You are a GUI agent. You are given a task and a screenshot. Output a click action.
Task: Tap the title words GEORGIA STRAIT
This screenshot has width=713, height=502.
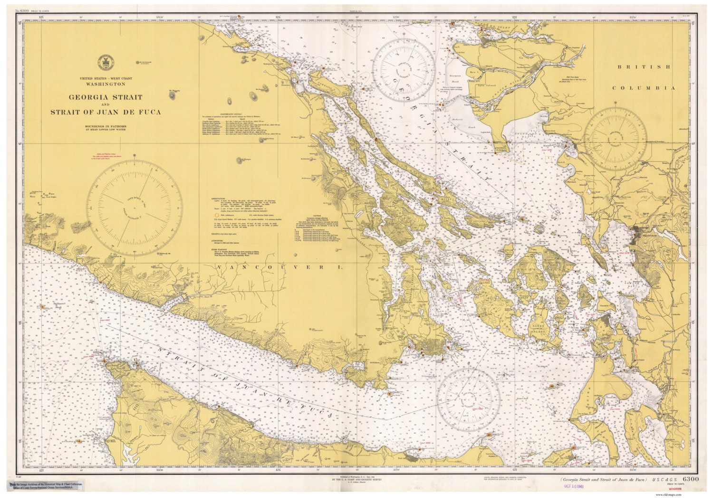(x=106, y=97)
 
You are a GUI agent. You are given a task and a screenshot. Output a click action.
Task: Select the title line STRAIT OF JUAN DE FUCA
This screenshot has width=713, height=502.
(x=106, y=112)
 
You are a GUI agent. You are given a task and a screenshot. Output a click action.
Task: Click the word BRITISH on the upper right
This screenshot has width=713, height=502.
(x=641, y=67)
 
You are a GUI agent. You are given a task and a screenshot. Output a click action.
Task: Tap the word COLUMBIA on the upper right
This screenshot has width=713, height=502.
(x=643, y=88)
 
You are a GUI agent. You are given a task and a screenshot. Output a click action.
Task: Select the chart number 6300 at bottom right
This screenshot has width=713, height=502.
(x=690, y=479)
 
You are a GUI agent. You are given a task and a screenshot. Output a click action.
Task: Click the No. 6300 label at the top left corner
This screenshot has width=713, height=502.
(x=24, y=10)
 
